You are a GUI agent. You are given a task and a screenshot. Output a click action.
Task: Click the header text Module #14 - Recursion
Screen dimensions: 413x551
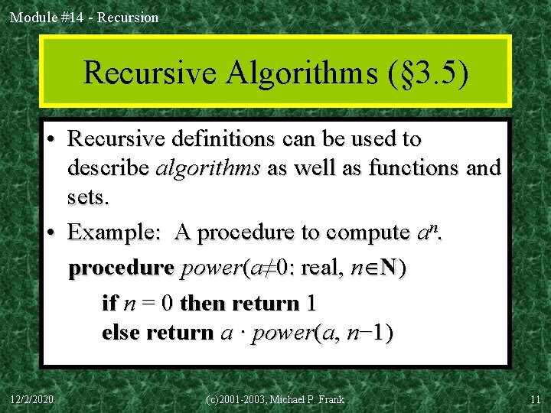pyautogui.click(x=84, y=17)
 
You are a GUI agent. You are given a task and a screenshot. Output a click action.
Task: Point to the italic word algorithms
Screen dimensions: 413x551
pyautogui.click(x=208, y=167)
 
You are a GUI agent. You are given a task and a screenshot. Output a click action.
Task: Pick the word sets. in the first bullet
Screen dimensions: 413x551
pyautogui.click(x=89, y=197)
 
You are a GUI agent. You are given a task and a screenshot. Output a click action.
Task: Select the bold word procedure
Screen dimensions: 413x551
pyautogui.click(x=121, y=269)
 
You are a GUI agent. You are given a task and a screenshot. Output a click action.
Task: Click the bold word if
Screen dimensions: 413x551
pyautogui.click(x=109, y=304)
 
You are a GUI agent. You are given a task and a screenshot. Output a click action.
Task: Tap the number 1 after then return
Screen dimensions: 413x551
pyautogui.click(x=310, y=304)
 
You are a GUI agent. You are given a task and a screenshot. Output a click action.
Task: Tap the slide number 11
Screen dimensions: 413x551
pyautogui.click(x=535, y=399)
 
